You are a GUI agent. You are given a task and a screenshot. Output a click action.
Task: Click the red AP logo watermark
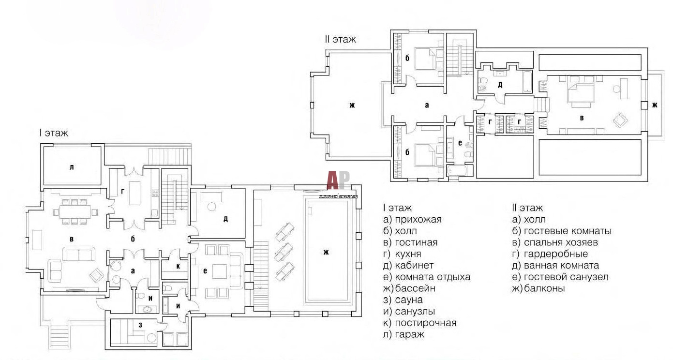click(x=338, y=180)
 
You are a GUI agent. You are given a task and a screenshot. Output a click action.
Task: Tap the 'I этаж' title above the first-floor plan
click(x=54, y=133)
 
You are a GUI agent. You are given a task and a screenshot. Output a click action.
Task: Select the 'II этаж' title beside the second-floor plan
click(x=340, y=39)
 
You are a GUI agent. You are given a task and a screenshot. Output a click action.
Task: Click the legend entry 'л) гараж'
click(x=404, y=334)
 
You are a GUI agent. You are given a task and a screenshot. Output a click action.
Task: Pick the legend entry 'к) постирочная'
click(x=420, y=323)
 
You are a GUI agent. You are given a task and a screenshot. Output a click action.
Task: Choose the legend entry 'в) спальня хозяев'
click(x=555, y=242)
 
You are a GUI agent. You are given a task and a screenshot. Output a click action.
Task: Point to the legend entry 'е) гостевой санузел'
click(x=560, y=277)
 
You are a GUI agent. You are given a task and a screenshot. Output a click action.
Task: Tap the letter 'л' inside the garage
click(x=72, y=167)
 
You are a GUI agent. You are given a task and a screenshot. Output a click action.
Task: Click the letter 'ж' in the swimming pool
click(x=326, y=253)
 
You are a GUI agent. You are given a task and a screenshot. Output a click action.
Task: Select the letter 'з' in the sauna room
click(x=140, y=325)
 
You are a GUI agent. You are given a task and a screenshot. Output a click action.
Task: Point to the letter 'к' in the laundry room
click(x=178, y=266)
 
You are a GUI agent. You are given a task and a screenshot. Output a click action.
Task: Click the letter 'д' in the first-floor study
click(x=225, y=219)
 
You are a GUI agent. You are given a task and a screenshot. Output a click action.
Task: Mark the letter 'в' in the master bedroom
click(x=582, y=118)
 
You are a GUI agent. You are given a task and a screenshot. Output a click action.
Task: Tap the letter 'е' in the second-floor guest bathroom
click(x=460, y=143)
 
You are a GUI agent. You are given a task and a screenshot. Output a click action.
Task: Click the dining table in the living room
click(x=75, y=211)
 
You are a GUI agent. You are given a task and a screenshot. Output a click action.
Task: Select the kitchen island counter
click(x=135, y=193)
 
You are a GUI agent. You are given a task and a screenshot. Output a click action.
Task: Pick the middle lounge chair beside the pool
click(x=284, y=252)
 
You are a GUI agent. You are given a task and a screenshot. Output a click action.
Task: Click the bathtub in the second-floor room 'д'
click(x=527, y=81)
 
